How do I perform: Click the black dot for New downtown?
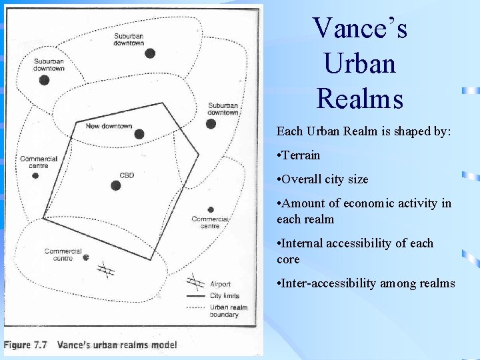tap(139, 134)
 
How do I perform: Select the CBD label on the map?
tap(127, 175)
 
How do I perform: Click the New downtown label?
tap(109, 126)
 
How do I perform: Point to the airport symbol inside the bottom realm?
tap(106, 270)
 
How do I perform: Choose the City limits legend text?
tap(225, 296)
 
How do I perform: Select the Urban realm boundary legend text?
tap(228, 311)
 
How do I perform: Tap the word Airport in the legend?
tap(220, 285)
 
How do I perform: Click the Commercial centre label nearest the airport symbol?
tap(63, 255)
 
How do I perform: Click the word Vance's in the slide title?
tap(360, 29)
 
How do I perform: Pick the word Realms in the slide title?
tap(360, 98)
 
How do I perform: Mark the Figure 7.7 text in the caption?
tap(27, 345)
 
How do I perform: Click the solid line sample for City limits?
tap(195, 296)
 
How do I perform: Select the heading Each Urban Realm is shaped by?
tap(364, 131)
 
